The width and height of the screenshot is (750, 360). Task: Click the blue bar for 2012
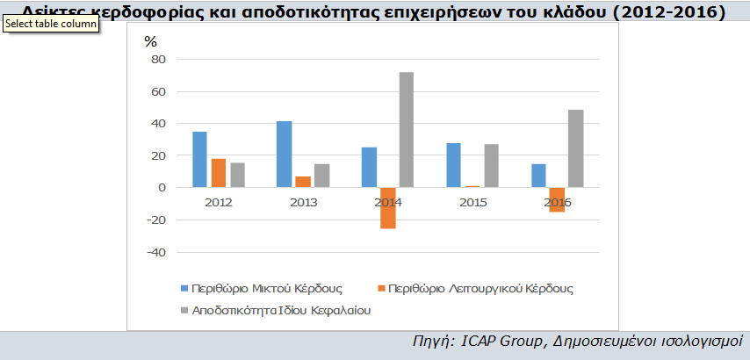click(199, 160)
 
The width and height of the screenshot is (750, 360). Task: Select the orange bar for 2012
click(219, 173)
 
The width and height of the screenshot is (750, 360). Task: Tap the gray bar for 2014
click(407, 130)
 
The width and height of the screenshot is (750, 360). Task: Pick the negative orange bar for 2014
click(388, 207)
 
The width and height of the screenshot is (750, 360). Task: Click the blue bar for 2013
click(284, 155)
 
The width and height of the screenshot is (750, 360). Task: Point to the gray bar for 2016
click(576, 148)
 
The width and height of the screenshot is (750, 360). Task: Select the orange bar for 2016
click(557, 199)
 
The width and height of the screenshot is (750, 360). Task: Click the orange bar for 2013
click(303, 182)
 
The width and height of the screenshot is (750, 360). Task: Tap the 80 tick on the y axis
click(158, 60)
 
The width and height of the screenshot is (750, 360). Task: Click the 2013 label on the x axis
click(303, 203)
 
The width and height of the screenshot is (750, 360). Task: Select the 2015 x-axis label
click(472, 203)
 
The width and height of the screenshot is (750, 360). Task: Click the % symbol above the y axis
click(150, 41)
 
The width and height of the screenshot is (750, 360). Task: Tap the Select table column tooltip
click(49, 24)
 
